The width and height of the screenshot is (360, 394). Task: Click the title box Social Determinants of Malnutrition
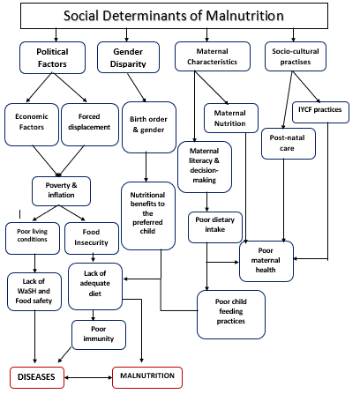pyautogui.click(x=174, y=16)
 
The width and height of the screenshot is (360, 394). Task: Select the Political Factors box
pyautogui.click(x=52, y=57)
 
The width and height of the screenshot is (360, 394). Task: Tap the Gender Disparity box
pyautogui.click(x=128, y=57)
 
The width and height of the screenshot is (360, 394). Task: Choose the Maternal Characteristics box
pyautogui.click(x=213, y=56)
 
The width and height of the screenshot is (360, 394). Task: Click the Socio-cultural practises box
pyautogui.click(x=296, y=56)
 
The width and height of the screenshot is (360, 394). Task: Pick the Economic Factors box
pyautogui.click(x=32, y=124)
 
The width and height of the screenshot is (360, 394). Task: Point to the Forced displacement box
pyautogui.click(x=90, y=124)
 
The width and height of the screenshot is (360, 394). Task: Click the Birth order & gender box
pyautogui.click(x=149, y=128)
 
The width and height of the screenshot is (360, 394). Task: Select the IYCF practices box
pyautogui.click(x=320, y=112)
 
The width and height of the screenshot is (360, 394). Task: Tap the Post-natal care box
pyautogui.click(x=289, y=144)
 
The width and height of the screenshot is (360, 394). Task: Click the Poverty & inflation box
pyautogui.click(x=61, y=191)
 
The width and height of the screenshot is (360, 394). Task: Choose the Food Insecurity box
pyautogui.click(x=92, y=238)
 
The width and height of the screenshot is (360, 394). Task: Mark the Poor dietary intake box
pyautogui.click(x=215, y=227)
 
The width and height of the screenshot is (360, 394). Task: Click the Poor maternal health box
pyautogui.click(x=266, y=261)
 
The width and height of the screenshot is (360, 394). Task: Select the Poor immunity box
pyautogui.click(x=99, y=335)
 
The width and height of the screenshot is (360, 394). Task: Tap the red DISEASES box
pyautogui.click(x=37, y=377)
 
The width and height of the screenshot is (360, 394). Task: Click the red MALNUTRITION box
pyautogui.click(x=147, y=377)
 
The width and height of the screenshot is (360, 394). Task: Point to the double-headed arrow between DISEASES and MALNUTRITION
pyautogui.click(x=88, y=377)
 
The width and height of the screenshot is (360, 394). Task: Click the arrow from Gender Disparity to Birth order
pyautogui.click(x=137, y=87)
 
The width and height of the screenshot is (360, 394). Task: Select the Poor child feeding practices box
pyautogui.click(x=231, y=315)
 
